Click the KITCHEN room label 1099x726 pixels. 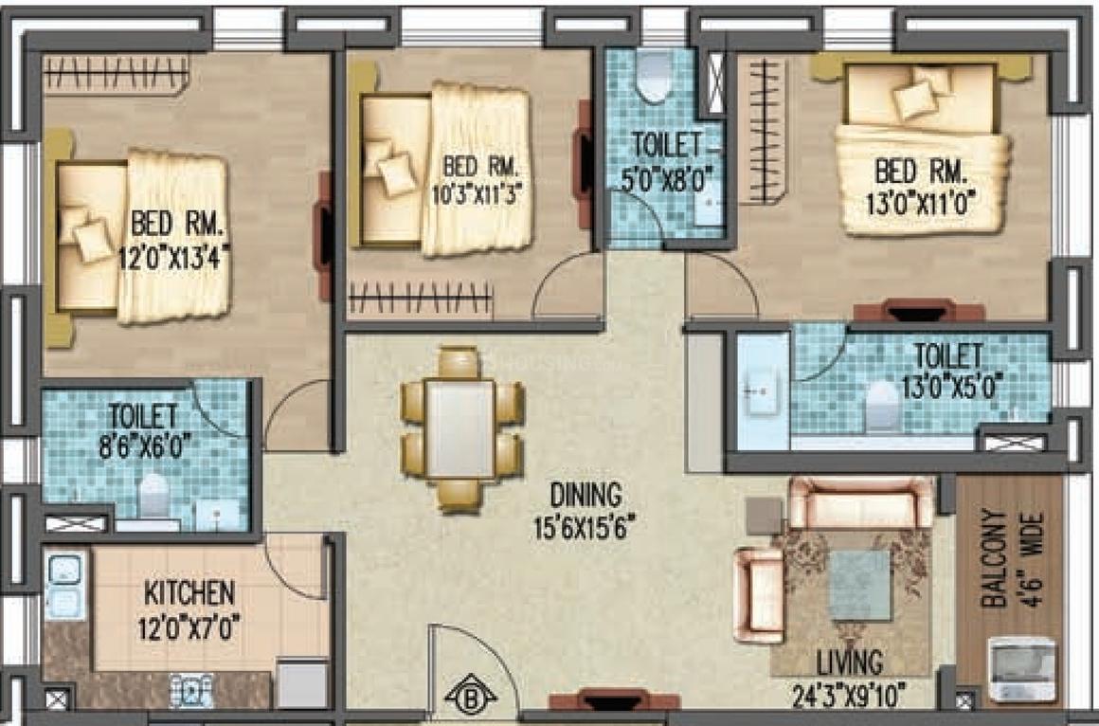click(189, 594)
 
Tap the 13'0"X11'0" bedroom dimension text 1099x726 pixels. click(920, 200)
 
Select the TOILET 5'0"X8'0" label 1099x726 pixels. click(669, 160)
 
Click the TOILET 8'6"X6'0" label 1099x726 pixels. click(143, 428)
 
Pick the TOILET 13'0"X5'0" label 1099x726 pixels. click(947, 370)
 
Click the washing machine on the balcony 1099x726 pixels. click(1021, 669)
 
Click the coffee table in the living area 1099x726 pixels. click(859, 585)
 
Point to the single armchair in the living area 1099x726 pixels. click(759, 594)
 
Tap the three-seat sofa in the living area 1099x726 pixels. click(861, 501)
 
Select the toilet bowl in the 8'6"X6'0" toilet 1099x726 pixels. click(153, 494)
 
